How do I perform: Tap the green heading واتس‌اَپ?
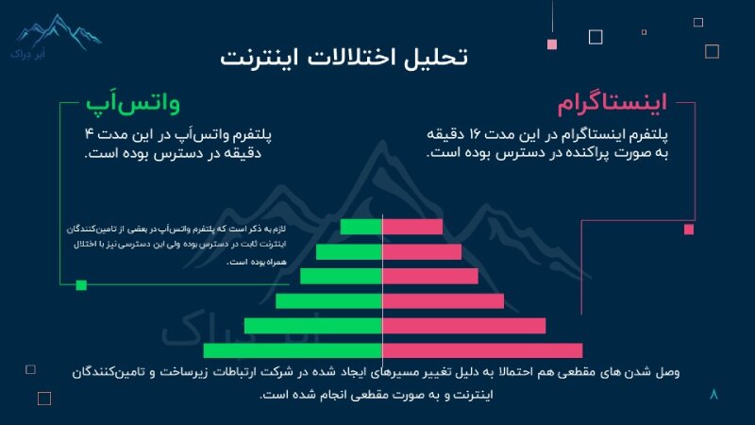click(133, 102)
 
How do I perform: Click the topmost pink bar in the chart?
click(412, 227)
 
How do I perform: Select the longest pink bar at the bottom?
click(482, 350)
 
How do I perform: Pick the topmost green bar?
click(361, 227)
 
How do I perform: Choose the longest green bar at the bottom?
click(293, 350)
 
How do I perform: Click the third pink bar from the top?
click(430, 276)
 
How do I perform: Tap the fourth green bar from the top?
click(328, 301)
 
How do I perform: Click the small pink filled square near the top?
click(552, 43)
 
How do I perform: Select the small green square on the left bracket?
click(81, 284)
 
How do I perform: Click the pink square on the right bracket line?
click(689, 229)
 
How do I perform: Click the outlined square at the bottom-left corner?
click(43, 399)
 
